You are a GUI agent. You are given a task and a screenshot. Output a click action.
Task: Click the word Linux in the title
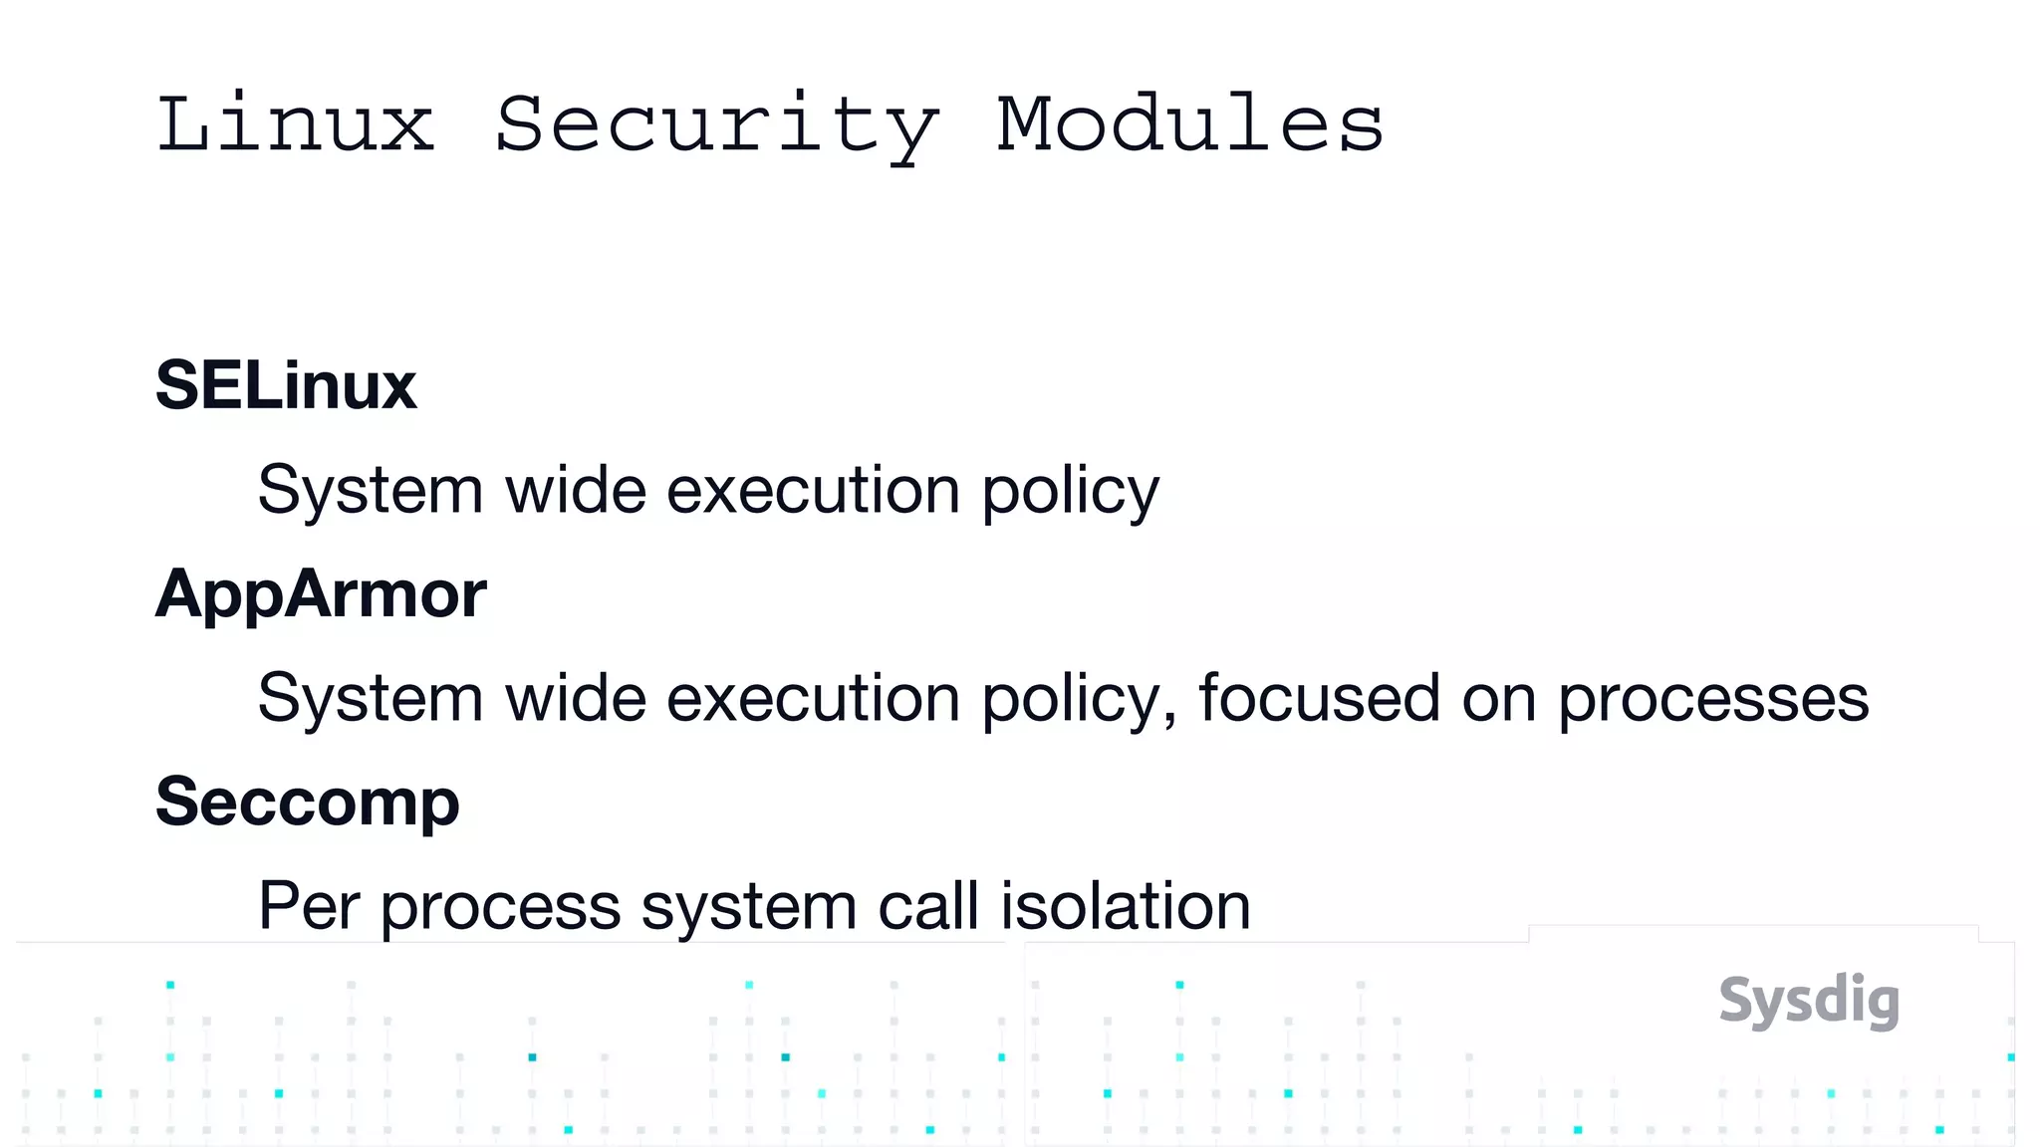(x=296, y=124)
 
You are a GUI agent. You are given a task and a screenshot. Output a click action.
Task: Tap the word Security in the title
(x=716, y=126)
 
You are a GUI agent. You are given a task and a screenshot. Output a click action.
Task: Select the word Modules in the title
(x=1190, y=124)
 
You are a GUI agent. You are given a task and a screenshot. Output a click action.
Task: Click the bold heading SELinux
(x=286, y=385)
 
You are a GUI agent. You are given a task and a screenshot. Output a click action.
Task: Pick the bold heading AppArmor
(x=321, y=593)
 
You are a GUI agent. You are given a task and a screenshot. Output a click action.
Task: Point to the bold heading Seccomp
(x=308, y=802)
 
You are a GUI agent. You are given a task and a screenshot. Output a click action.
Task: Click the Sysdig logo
(x=1809, y=1001)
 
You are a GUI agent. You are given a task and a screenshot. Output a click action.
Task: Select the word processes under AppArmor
(x=1713, y=700)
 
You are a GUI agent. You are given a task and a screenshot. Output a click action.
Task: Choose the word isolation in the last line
(x=1126, y=906)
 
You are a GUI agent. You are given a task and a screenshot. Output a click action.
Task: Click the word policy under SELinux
(x=1071, y=491)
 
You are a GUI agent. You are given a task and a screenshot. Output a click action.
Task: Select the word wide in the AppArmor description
(x=576, y=698)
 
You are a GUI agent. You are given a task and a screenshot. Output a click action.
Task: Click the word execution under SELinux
(x=813, y=491)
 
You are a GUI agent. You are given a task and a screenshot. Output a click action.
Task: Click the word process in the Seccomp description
(x=500, y=908)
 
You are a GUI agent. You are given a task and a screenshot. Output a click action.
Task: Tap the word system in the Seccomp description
(x=748, y=908)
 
